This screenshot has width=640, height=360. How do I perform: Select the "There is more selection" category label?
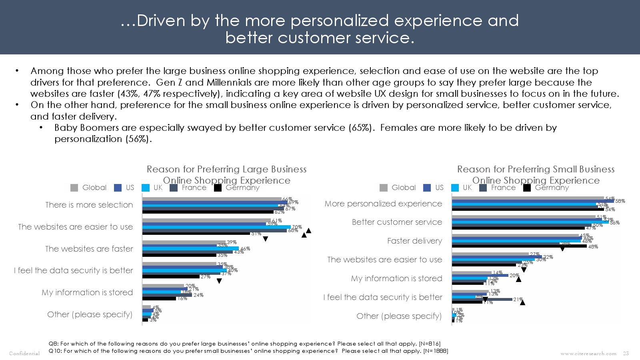(89, 205)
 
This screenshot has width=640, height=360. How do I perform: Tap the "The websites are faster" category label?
(89, 249)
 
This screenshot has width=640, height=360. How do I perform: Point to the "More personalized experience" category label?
(383, 204)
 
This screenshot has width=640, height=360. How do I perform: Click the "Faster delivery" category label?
(414, 241)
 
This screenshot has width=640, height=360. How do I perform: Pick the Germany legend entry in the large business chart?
(242, 188)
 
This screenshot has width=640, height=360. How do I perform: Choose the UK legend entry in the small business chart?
(467, 188)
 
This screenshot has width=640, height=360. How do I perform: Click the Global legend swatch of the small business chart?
(384, 188)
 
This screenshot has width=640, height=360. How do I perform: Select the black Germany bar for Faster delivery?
(519, 246)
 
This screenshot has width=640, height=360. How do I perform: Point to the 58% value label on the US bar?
(620, 201)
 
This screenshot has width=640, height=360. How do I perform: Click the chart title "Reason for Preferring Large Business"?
(226, 169)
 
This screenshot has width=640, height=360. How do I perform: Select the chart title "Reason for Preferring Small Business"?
(536, 169)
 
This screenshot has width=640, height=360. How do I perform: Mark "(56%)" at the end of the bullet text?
(139, 139)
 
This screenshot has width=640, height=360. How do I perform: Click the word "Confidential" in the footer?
(24, 354)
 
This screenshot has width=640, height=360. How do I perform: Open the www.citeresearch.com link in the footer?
(588, 354)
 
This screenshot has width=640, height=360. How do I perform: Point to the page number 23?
(626, 354)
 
